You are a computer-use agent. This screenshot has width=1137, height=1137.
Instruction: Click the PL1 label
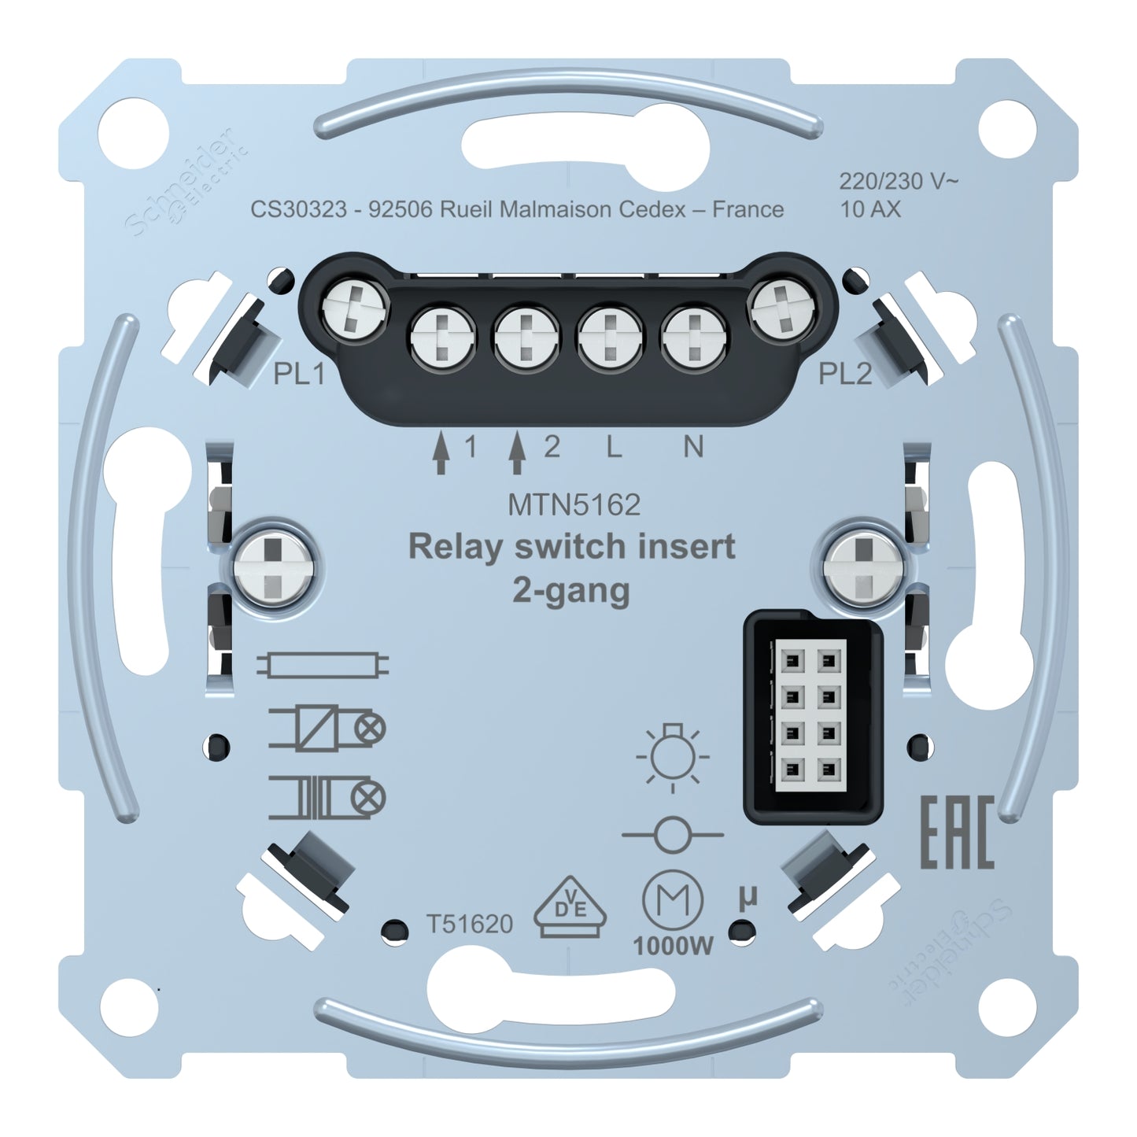[x=298, y=375]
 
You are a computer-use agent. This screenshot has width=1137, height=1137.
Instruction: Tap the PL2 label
[x=845, y=375]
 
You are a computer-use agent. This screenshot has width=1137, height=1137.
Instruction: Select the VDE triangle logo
[x=570, y=915]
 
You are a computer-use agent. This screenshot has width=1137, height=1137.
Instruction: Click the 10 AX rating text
[x=870, y=209]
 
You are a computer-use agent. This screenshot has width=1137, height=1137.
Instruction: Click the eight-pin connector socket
[x=812, y=718]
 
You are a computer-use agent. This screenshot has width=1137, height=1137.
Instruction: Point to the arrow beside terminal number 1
[x=438, y=455]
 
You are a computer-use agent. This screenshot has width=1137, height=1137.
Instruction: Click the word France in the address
[x=748, y=209]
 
